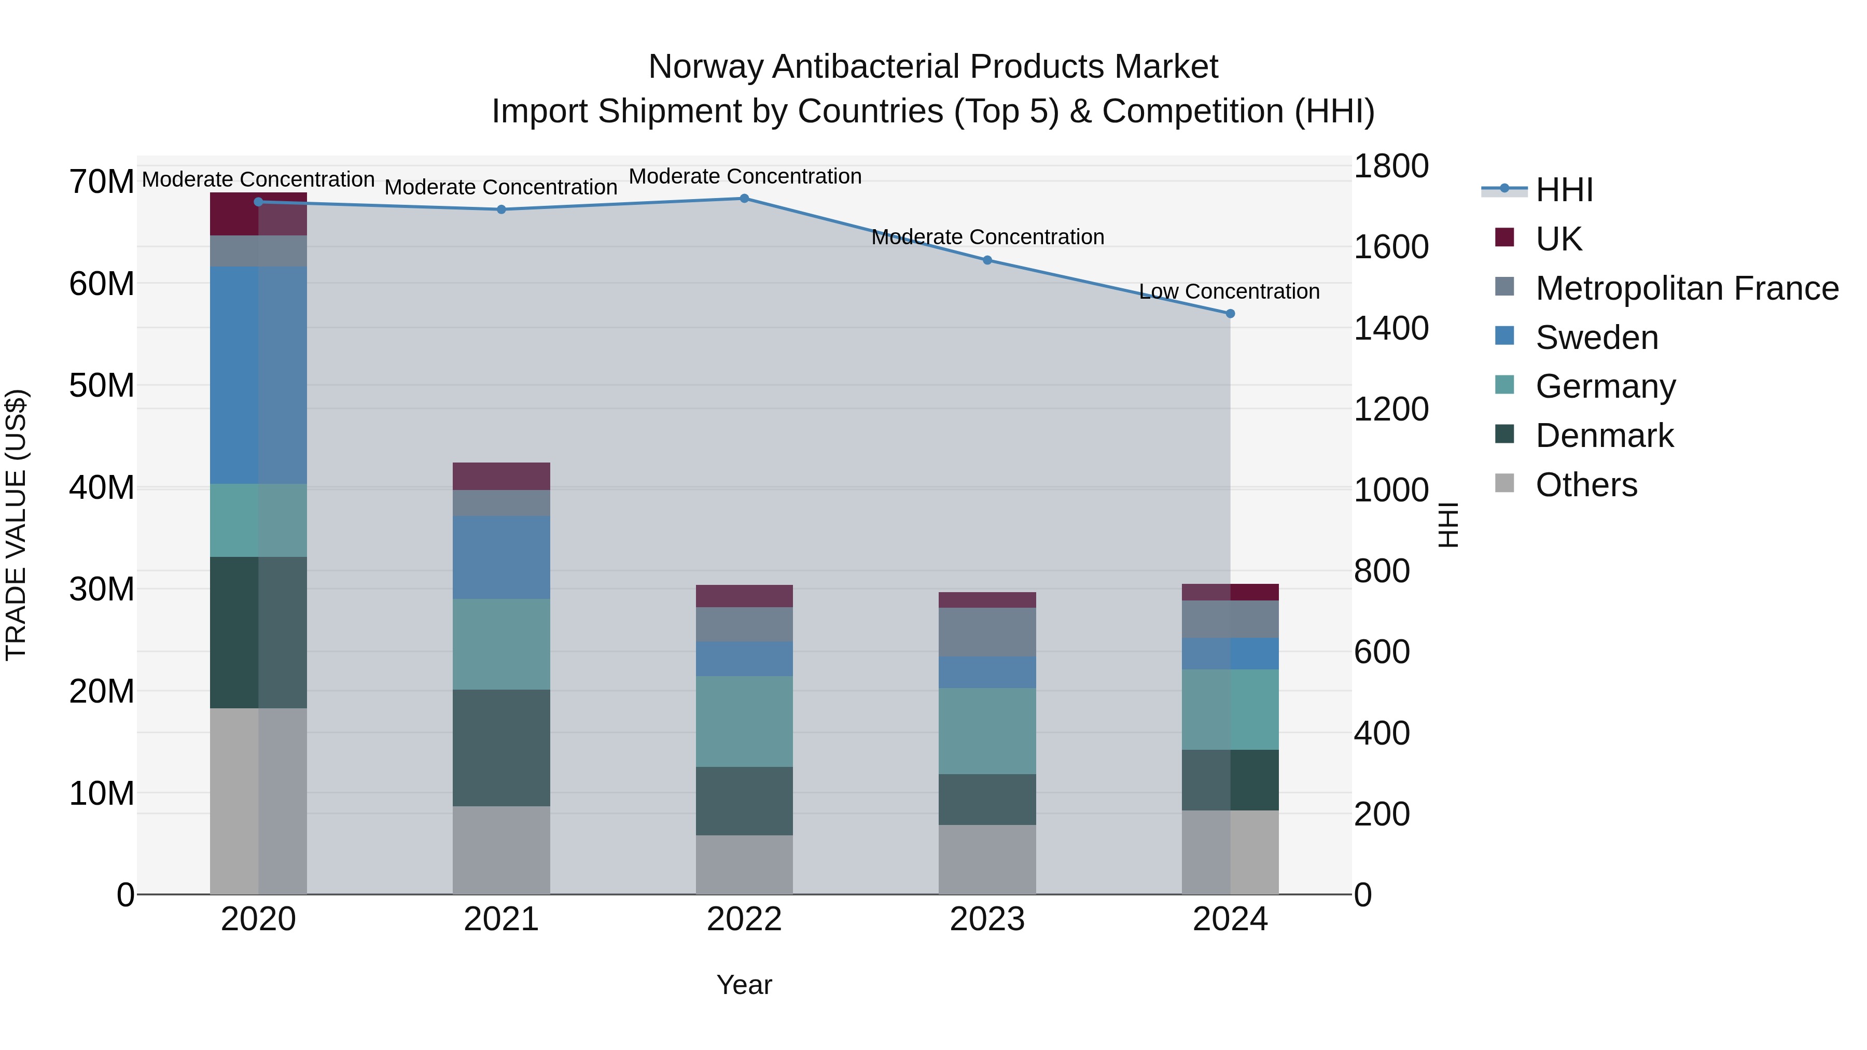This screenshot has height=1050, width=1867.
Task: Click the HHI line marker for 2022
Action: coord(744,199)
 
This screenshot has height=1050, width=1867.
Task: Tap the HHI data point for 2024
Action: coord(1230,314)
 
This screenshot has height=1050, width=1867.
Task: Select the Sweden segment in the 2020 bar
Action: coord(258,375)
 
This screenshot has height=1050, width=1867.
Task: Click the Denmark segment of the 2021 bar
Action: coord(501,747)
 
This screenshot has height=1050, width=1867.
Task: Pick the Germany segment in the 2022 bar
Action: coord(744,721)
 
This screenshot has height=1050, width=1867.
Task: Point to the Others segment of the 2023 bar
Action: coord(986,859)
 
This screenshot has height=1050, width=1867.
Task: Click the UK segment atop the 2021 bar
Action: coord(501,476)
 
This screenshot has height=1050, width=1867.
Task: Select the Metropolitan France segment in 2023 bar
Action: coord(986,632)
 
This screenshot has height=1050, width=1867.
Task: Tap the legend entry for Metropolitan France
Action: coord(1687,288)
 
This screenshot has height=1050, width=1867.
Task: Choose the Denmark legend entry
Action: coord(1604,436)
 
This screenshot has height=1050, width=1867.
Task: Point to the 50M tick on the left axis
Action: coord(102,385)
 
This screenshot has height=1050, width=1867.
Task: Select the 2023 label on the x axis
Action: coord(986,919)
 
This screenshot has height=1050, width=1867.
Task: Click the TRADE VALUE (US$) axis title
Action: coord(16,525)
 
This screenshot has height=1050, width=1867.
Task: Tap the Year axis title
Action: coord(744,985)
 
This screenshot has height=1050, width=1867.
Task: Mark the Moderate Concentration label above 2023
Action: coord(987,237)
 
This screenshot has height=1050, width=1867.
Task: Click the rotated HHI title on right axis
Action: coord(1447,525)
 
